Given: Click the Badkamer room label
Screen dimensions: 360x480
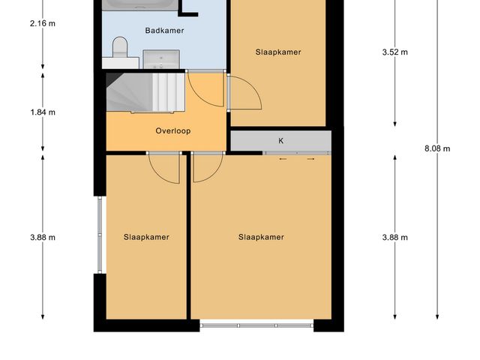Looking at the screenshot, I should (x=164, y=31).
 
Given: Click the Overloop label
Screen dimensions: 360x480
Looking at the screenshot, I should (x=173, y=130).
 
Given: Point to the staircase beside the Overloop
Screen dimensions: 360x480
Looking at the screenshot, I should (x=144, y=91).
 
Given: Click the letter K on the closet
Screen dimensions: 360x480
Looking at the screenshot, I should (x=281, y=140).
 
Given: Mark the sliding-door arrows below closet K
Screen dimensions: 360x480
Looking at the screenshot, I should (x=297, y=159).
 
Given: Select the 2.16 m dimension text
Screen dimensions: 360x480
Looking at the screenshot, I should (x=43, y=23).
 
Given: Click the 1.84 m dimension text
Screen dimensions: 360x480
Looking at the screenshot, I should (x=43, y=112).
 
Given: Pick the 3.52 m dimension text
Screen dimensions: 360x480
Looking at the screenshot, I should (x=394, y=52).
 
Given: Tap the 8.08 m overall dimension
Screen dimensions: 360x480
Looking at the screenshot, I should (x=437, y=148).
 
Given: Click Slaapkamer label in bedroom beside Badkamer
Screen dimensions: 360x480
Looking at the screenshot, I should (x=278, y=52).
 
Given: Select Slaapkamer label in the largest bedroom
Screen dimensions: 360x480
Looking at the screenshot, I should (x=261, y=237).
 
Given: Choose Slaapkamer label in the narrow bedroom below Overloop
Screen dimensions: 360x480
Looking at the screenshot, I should (x=146, y=237).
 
